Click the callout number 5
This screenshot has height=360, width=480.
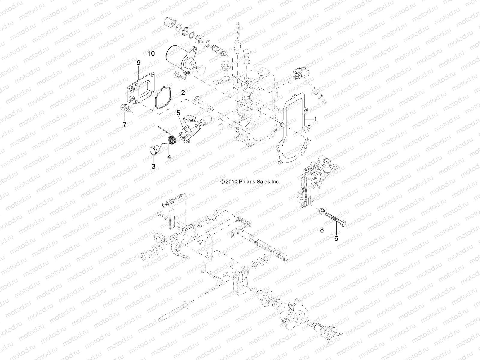(178, 113)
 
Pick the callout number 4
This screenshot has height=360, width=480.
(169, 157)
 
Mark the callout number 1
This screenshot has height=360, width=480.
(315, 119)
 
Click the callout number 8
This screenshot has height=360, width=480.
(322, 230)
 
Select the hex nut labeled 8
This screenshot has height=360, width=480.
(321, 212)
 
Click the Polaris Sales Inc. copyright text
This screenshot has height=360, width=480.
(250, 182)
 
